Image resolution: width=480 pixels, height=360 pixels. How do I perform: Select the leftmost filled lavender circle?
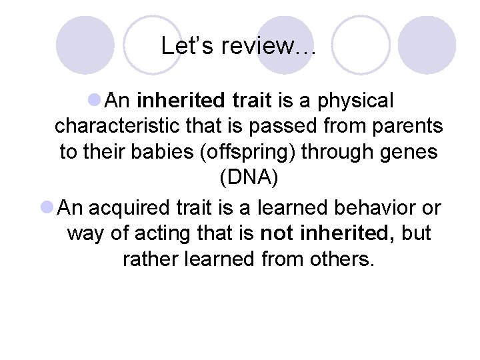[85, 45]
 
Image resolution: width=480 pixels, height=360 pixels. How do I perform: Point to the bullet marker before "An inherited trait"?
[95, 101]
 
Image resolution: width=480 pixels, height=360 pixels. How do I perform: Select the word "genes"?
[410, 152]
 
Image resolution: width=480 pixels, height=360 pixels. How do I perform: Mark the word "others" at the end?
[343, 259]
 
